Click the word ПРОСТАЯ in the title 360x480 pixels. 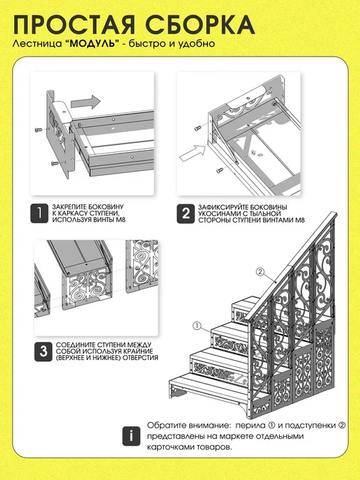(74, 25)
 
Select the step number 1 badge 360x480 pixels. (39, 213)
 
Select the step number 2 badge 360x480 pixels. (186, 213)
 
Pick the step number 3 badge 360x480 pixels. (43, 352)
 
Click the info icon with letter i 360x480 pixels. (131, 436)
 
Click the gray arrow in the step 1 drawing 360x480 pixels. (85, 102)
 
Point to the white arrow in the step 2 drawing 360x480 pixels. (193, 153)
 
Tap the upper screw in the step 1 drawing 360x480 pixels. (38, 130)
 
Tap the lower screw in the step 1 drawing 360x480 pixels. (55, 163)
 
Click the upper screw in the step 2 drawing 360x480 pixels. (197, 128)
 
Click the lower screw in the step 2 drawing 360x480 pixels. (220, 170)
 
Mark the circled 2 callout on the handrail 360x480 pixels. (260, 271)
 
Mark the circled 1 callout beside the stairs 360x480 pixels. (197, 326)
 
